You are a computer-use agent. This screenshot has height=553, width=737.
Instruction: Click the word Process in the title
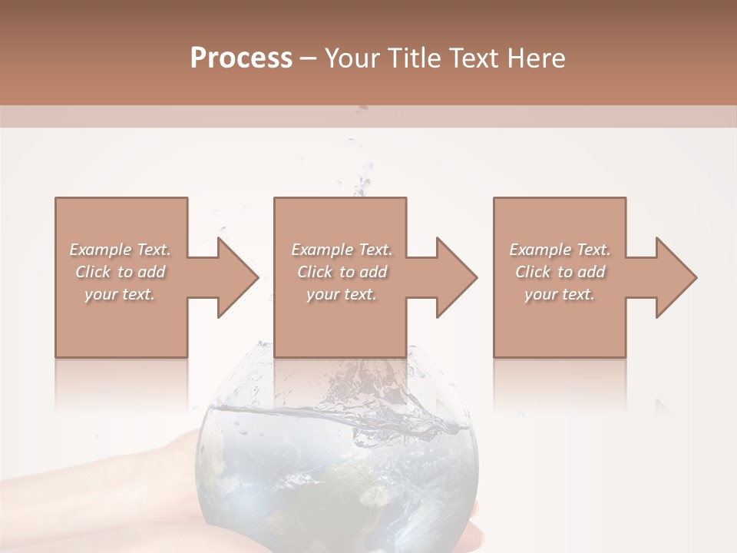tap(241, 58)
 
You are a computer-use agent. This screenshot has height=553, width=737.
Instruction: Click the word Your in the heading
tap(352, 58)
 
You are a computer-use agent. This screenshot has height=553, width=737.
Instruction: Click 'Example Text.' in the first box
tap(120, 250)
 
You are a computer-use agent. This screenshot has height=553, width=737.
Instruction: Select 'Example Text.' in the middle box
tap(341, 250)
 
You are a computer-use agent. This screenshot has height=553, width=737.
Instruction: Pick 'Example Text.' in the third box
tap(560, 250)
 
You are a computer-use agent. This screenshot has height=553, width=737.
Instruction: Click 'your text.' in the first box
tap(120, 294)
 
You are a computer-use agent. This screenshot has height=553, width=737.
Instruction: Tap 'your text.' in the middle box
tap(341, 294)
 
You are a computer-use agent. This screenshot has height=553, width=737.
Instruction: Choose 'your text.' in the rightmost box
tap(560, 294)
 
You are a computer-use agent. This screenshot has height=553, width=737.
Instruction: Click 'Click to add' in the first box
tap(120, 272)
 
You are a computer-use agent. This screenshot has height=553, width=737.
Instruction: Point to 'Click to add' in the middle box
tap(341, 272)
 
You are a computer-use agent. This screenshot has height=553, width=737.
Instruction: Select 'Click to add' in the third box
tap(560, 272)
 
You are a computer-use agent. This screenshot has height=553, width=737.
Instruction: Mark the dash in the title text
tap(308, 58)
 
